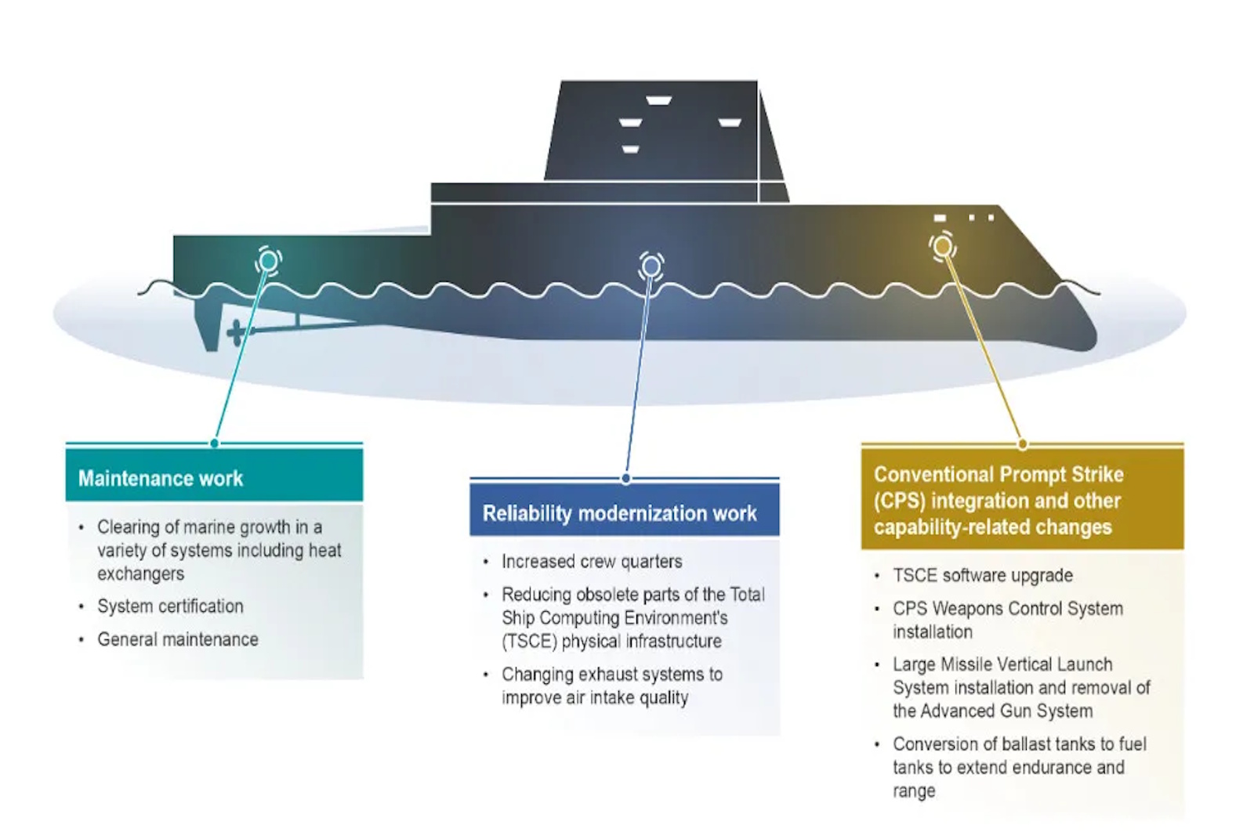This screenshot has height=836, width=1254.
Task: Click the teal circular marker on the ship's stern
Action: coord(268,261)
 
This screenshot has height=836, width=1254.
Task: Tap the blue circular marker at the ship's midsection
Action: coord(651,266)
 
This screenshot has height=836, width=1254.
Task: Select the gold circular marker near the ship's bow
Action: coord(943,246)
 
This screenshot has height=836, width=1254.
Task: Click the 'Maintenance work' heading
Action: coord(161,479)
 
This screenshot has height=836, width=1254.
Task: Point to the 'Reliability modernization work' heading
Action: coord(620,513)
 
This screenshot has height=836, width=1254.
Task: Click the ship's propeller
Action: coord(236,332)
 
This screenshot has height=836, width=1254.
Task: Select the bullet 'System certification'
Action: coord(170,606)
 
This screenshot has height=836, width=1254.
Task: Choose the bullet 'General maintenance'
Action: coord(178,639)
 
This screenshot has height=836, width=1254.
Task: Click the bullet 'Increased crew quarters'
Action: coord(592,561)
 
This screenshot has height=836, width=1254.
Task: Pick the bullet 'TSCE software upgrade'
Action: coord(983,575)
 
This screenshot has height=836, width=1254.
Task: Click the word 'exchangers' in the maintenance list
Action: coord(140,574)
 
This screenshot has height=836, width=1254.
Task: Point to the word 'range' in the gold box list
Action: coord(914,791)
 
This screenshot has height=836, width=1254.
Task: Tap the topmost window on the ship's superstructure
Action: coord(658,100)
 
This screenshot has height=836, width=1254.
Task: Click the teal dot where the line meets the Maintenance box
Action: coord(215,443)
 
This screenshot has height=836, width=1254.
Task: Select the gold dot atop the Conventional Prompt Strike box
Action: coord(1023,445)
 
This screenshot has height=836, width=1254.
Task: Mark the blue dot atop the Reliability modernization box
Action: coord(626,479)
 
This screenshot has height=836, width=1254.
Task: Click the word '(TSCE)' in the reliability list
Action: coord(529,641)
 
